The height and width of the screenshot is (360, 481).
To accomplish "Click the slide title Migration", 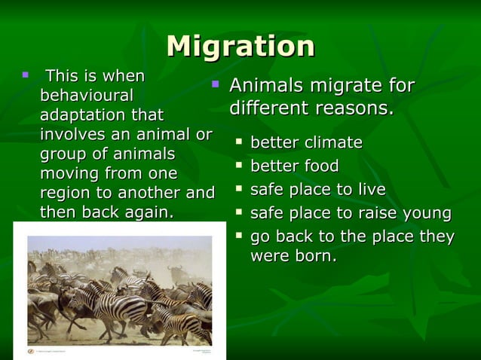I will pyautogui.click(x=240, y=46).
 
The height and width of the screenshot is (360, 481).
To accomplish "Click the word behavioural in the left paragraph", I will pyautogui.click(x=86, y=96).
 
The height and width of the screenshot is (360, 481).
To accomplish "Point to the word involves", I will pyautogui.click(x=72, y=135).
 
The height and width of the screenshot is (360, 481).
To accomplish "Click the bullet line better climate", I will pyautogui.click(x=306, y=143).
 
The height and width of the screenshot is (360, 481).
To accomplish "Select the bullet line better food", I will pyautogui.click(x=294, y=166).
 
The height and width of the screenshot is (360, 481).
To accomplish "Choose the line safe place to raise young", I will pyautogui.click(x=350, y=212).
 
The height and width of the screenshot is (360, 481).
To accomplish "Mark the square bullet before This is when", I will pyautogui.click(x=25, y=75).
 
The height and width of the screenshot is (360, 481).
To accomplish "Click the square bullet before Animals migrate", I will pyautogui.click(x=215, y=84).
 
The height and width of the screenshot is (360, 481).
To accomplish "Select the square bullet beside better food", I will pyautogui.click(x=239, y=165).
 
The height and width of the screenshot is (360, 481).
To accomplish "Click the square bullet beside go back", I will pyautogui.click(x=239, y=236).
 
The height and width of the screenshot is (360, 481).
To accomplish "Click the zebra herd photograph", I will pyautogui.click(x=119, y=290).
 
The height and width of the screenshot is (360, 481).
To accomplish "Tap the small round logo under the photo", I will pyautogui.click(x=31, y=351).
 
